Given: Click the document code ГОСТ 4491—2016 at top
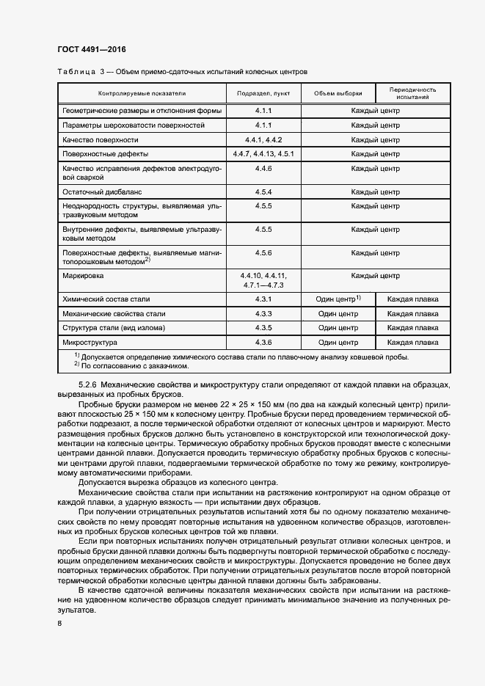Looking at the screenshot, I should [92, 50].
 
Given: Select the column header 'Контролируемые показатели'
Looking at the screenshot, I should [142, 94].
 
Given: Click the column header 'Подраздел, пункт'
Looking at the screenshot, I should [263, 94].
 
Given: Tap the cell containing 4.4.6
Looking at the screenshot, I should [263, 169].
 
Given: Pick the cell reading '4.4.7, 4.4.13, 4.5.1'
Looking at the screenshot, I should [263, 154].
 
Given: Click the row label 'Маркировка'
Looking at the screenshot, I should [84, 276].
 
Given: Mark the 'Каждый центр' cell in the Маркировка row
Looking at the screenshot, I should [375, 276].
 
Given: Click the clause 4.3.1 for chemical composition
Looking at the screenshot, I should [263, 299].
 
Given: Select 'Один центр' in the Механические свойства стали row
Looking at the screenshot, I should [338, 313].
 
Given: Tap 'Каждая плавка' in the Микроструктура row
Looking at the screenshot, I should [412, 342].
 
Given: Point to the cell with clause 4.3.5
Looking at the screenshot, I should [263, 328].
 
